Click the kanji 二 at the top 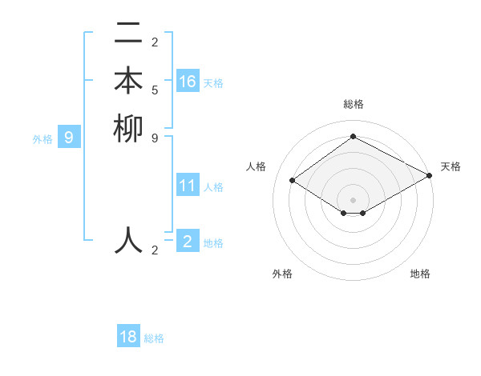point(129,34)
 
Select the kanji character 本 point(129,82)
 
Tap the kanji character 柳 point(129,130)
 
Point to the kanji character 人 point(129,240)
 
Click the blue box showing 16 point(188,81)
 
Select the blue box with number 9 point(69,138)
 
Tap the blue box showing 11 point(188,186)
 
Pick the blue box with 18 point(128,337)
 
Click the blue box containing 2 point(188,241)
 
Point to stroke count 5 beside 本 point(155,90)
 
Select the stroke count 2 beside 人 point(155,250)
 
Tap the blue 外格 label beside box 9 point(42,139)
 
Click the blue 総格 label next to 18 point(154,338)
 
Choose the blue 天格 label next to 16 point(213,83)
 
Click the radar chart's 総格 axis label point(353,104)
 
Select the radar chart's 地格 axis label point(420,274)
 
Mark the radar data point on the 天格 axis point(429,176)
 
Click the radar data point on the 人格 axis point(293,181)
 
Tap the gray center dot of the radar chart point(353,198)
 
